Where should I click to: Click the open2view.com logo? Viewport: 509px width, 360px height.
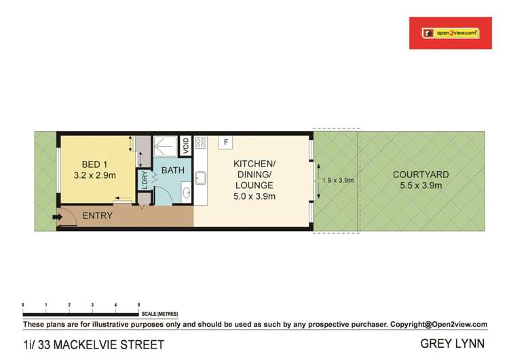(449, 33)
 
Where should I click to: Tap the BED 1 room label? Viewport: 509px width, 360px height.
(95, 164)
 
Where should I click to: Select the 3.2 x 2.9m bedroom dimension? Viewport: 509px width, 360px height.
(95, 175)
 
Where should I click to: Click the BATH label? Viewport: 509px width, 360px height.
(172, 170)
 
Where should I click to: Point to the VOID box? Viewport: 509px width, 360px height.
(185, 146)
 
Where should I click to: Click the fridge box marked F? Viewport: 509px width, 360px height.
(225, 143)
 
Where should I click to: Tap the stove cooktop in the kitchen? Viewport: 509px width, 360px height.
(200, 143)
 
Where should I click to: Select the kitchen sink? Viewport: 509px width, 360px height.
(200, 179)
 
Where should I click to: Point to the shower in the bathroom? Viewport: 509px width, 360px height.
(165, 146)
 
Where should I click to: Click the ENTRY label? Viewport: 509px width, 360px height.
(97, 216)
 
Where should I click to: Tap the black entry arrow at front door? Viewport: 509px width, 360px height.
(57, 217)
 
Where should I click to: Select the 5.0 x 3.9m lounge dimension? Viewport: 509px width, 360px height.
(254, 196)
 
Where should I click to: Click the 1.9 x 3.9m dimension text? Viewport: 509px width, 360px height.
(338, 181)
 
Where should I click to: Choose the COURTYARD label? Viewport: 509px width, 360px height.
(421, 175)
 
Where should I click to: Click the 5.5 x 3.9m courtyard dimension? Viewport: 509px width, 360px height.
(421, 185)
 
